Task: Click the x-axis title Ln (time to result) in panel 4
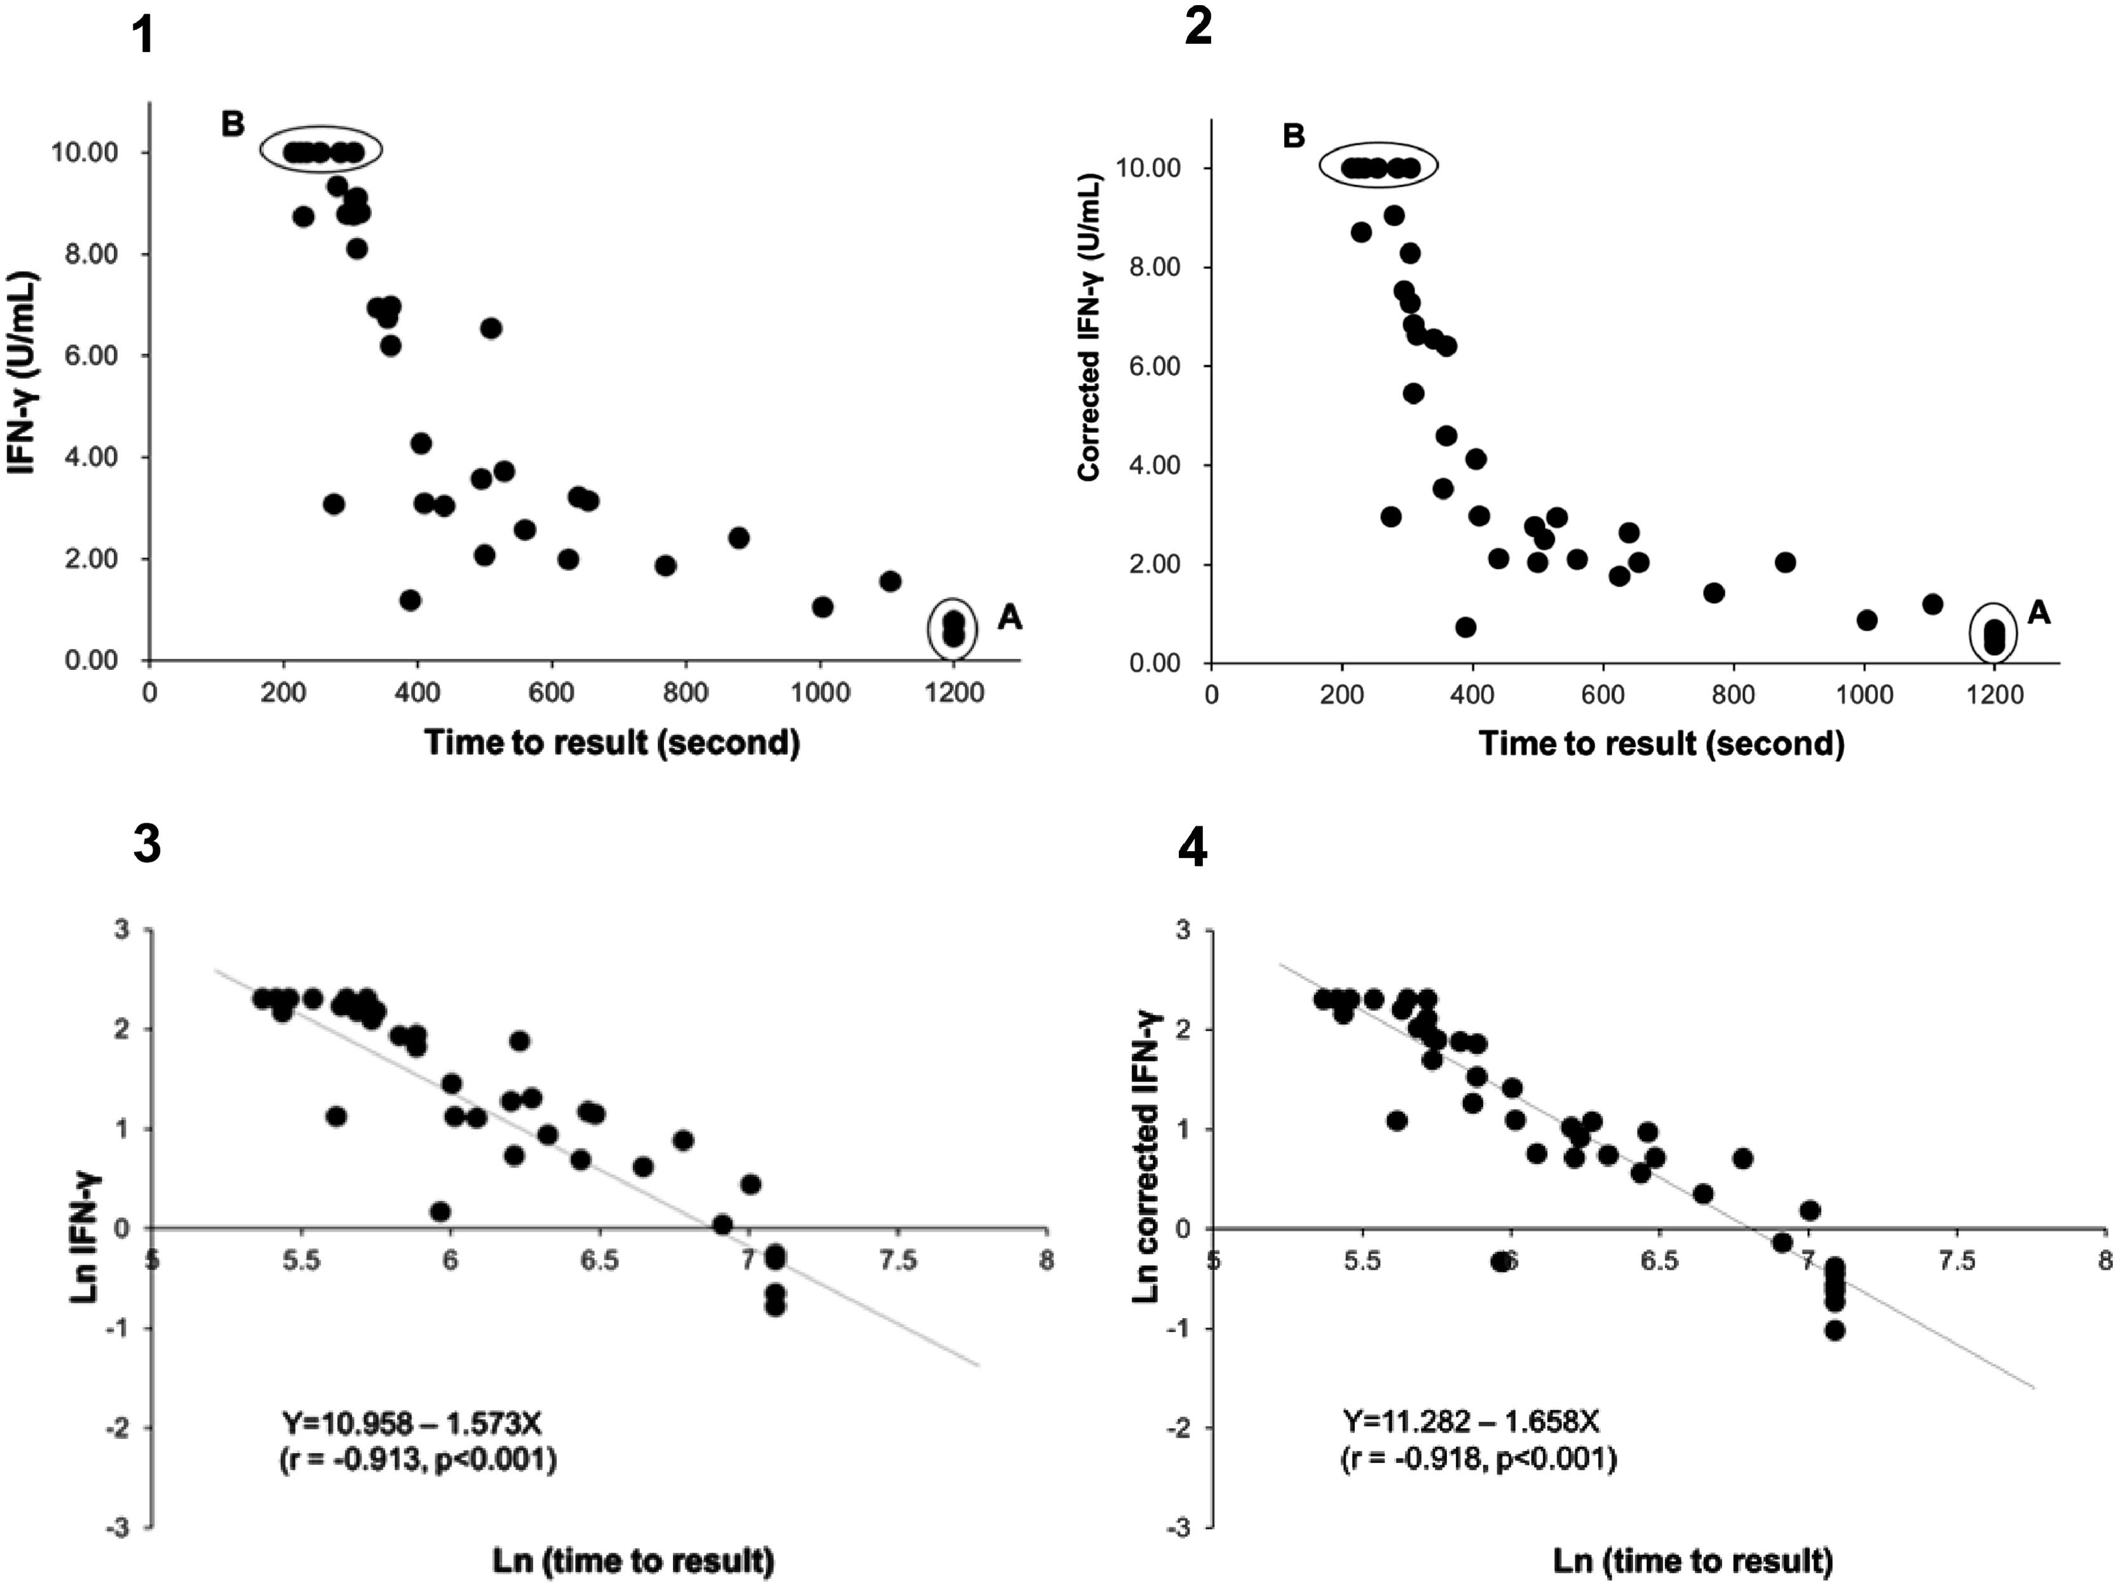[x=1692, y=1561]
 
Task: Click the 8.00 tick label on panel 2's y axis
[x=1155, y=267]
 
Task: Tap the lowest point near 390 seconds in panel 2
[x=1465, y=627]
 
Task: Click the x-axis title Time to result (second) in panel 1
[x=612, y=742]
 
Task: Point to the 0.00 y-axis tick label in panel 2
[x=1155, y=663]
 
